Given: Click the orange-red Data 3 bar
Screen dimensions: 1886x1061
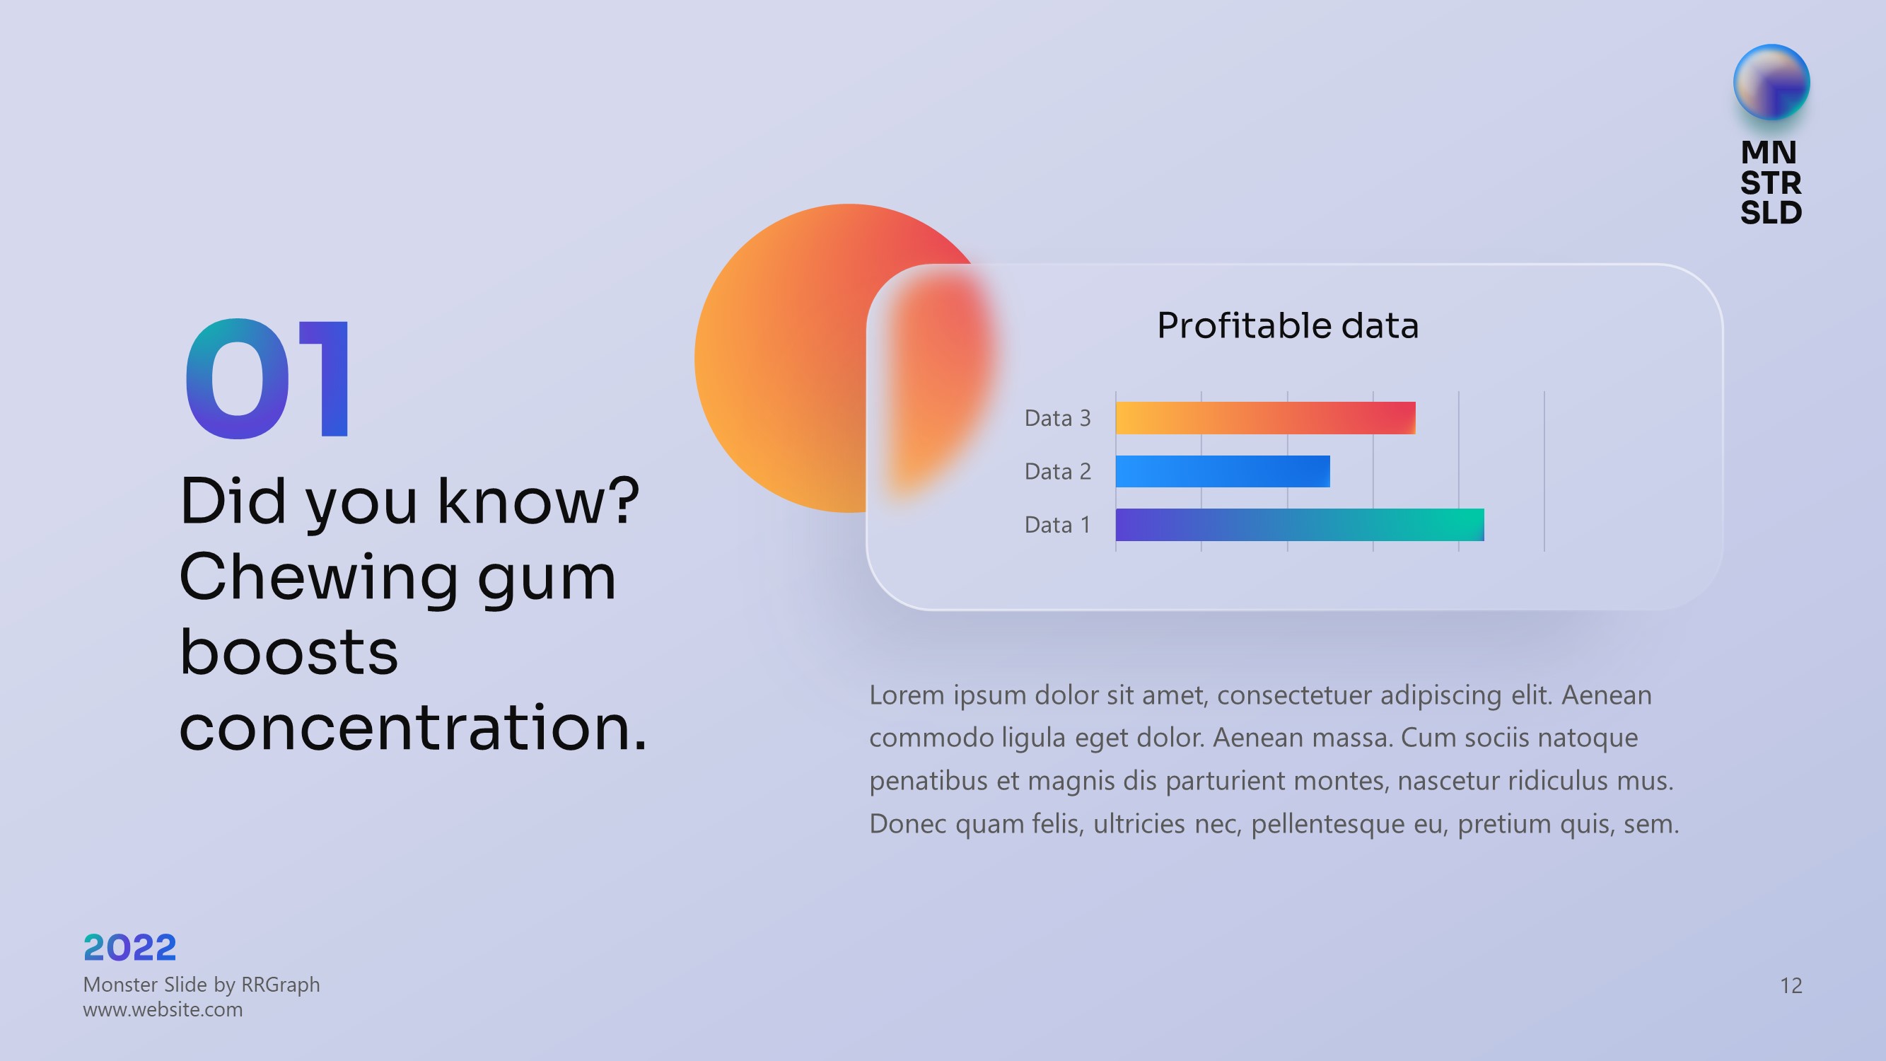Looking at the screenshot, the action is coord(1265,418).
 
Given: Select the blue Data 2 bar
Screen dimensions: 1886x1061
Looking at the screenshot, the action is coord(1223,472).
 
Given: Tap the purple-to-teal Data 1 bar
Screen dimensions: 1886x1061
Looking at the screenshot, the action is coord(1300,525).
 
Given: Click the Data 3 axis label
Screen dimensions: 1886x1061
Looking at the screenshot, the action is coord(1058,418).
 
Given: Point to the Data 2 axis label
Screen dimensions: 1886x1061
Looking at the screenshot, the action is coord(1058,472).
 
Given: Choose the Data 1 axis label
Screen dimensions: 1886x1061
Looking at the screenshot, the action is coord(1058,525).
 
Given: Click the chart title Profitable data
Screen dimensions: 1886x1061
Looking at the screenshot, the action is coord(1288,325).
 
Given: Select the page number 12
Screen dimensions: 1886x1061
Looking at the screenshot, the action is coord(1791,985).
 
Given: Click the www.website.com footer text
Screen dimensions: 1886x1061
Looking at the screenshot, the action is coord(163,1010).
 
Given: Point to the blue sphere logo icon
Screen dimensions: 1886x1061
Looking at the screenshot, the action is coord(1771,82).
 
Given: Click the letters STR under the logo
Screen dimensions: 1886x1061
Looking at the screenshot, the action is coord(1770,182).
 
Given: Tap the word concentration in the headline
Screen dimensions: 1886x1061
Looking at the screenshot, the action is coord(414,727).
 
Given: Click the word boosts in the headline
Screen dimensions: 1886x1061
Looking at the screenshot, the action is coord(289,650).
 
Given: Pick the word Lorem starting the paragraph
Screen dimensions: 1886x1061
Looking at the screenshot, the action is coord(907,695).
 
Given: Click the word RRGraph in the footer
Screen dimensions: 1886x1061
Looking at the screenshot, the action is coord(281,985).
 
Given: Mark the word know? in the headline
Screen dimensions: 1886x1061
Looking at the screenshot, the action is coord(538,501).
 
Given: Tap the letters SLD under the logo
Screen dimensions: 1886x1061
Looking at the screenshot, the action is coord(1770,212).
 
